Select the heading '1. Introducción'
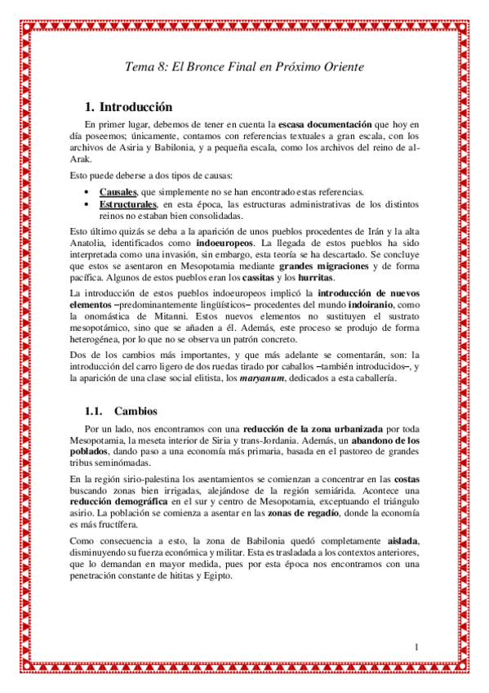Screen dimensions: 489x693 129,107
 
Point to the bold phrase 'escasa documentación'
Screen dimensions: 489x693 323,123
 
